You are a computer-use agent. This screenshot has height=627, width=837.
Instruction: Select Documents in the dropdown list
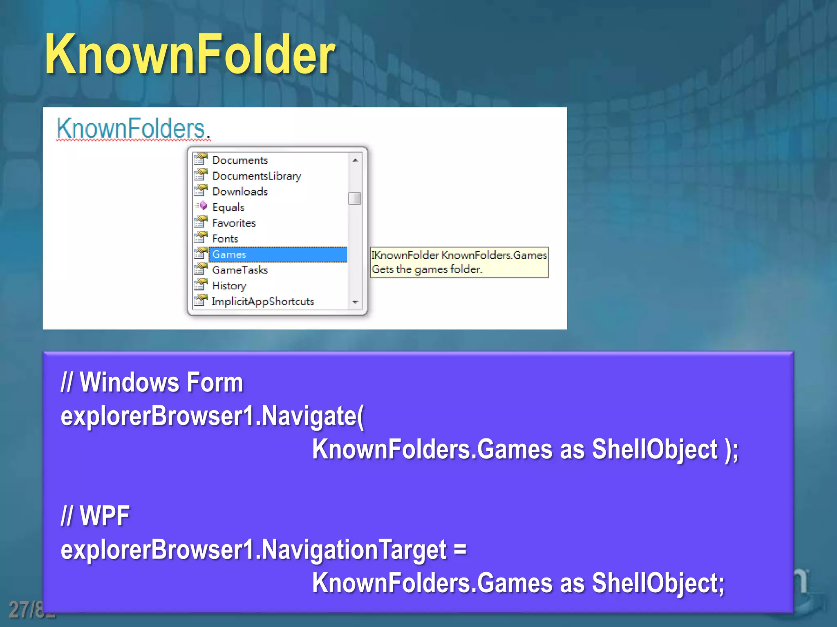pyautogui.click(x=240, y=160)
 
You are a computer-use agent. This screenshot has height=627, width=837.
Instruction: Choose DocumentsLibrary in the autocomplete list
pyautogui.click(x=256, y=176)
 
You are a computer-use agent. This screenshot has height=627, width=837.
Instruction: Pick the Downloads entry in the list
pyautogui.click(x=240, y=191)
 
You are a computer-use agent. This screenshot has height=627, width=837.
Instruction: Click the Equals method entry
pyautogui.click(x=228, y=207)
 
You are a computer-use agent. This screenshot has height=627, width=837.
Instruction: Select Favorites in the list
pyautogui.click(x=234, y=223)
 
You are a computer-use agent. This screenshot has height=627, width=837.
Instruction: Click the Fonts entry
pyautogui.click(x=225, y=239)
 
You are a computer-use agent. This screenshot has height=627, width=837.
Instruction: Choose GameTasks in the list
pyautogui.click(x=240, y=270)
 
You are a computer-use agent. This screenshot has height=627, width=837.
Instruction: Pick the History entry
pyautogui.click(x=229, y=286)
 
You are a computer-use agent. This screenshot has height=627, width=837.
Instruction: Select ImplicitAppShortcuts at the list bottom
pyautogui.click(x=263, y=302)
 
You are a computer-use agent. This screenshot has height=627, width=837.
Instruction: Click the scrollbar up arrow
pyautogui.click(x=355, y=160)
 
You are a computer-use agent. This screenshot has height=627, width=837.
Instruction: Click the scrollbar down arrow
pyautogui.click(x=355, y=302)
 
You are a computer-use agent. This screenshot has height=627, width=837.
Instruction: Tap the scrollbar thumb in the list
pyautogui.click(x=355, y=198)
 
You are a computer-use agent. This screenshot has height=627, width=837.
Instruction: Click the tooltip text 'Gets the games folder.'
pyautogui.click(x=427, y=269)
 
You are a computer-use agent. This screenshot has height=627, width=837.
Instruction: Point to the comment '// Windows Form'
pyautogui.click(x=152, y=382)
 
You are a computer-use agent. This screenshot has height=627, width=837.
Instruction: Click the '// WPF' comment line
pyautogui.click(x=95, y=516)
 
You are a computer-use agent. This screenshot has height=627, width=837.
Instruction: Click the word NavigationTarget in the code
pyautogui.click(x=354, y=550)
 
